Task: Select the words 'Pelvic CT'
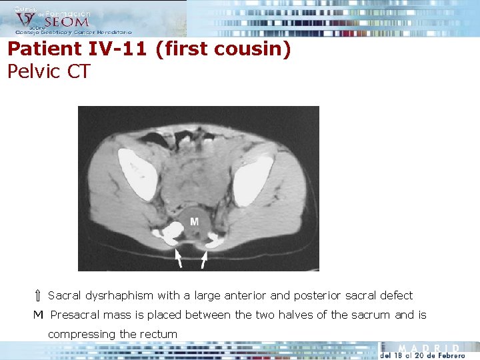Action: click(x=49, y=71)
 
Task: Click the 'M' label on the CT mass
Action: click(x=194, y=221)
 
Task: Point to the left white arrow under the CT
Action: click(x=178, y=258)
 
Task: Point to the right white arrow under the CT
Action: click(x=205, y=259)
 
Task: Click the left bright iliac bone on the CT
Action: click(x=137, y=173)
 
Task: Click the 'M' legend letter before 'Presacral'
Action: click(x=39, y=315)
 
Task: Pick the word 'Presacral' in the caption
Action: click(x=74, y=315)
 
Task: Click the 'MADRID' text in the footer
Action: click(x=429, y=348)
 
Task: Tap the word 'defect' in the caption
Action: click(x=396, y=295)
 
